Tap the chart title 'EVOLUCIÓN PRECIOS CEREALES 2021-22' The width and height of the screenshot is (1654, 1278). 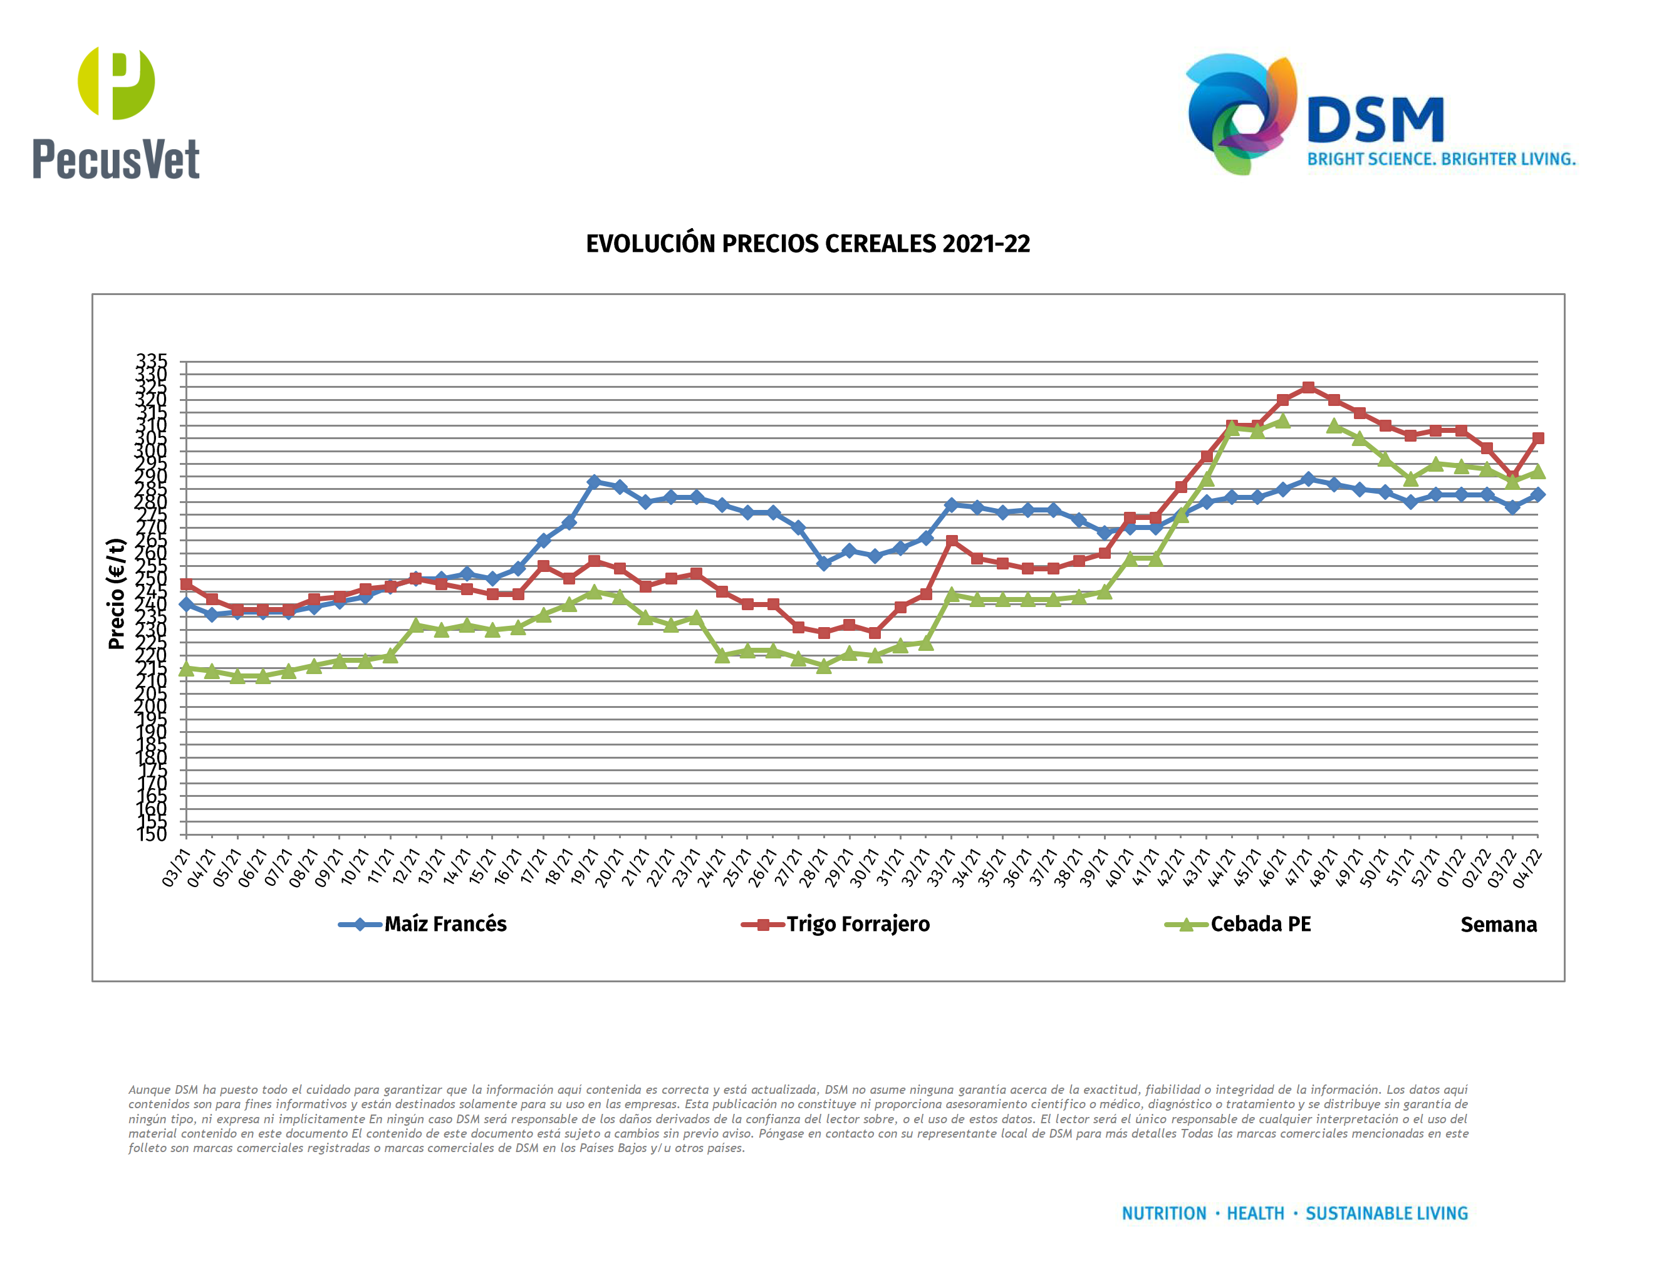(x=808, y=244)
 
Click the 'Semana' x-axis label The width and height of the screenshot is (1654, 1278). (x=1498, y=925)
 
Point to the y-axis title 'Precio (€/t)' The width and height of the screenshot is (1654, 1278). (x=116, y=593)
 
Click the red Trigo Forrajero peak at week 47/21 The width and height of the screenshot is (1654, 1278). (x=1308, y=388)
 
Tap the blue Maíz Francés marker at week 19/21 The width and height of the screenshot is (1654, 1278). (x=594, y=482)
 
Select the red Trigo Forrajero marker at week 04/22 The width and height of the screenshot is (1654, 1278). (x=1537, y=439)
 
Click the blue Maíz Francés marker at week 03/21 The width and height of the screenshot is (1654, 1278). (x=186, y=604)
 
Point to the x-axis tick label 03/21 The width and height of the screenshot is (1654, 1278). (x=177, y=867)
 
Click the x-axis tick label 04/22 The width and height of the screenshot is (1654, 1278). (x=1527, y=867)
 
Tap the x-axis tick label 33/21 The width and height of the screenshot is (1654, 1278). (x=942, y=867)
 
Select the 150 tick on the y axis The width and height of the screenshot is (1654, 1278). (x=152, y=834)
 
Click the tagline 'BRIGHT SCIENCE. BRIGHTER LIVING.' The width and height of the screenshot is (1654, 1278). (x=1441, y=159)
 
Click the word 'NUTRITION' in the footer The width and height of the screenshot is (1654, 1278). (x=1163, y=1213)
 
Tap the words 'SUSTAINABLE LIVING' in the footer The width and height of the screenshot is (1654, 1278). (x=1386, y=1213)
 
